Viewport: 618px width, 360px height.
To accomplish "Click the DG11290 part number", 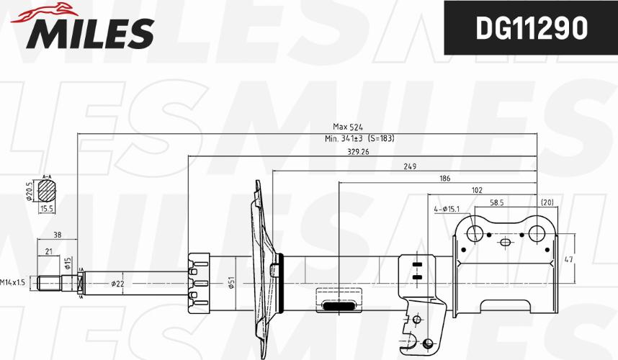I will pos(529,29).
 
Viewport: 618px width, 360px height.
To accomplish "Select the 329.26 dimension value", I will pos(358,152).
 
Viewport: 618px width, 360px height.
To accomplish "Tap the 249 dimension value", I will pos(409,167).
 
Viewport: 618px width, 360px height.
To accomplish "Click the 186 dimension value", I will pos(446,179).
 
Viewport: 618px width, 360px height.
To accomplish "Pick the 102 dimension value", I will pos(477,190).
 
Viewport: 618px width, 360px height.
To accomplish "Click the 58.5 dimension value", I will pos(496,203).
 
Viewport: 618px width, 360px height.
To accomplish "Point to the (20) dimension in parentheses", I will pos(547,203).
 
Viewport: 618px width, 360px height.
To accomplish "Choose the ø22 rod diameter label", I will pos(118,283).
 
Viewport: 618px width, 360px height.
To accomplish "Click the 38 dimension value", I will pos(57,235).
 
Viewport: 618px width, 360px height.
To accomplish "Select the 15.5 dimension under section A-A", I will pos(48,208).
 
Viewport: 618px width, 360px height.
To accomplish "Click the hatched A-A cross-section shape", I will pos(48,190).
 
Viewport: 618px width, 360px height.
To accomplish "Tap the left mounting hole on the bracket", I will pos(475,233).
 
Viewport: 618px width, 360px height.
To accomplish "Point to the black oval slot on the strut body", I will pos(336,305).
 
